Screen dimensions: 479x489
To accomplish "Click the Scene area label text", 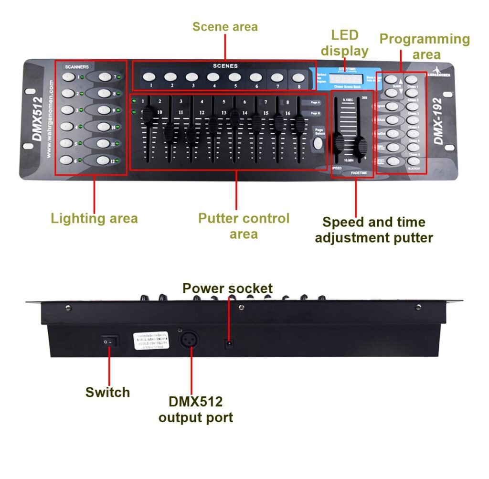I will (225, 26).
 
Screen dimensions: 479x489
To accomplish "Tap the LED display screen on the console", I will (347, 79).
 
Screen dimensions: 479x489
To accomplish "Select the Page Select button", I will (318, 143).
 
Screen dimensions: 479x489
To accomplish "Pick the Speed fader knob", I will (338, 141).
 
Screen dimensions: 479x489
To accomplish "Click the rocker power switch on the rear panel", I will (109, 341).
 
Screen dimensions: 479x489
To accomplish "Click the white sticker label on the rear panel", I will (152, 341).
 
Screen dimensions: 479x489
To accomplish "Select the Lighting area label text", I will (94, 219).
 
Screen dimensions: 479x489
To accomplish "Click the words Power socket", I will (228, 288).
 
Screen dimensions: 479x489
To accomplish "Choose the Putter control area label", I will (244, 226).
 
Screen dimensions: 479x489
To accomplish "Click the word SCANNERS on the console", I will (77, 67).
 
